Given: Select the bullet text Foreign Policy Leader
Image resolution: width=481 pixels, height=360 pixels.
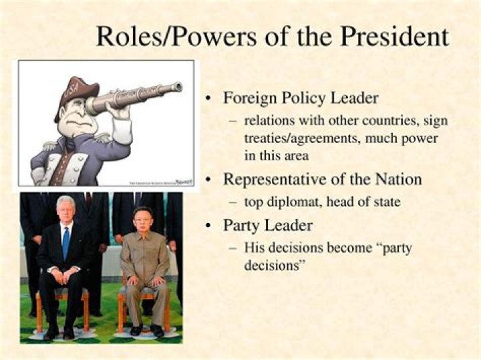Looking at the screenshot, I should click(x=301, y=98).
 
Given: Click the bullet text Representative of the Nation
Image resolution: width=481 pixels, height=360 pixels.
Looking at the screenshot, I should click(x=322, y=179).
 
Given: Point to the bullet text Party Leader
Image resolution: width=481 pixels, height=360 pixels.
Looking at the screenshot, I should click(x=268, y=225).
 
